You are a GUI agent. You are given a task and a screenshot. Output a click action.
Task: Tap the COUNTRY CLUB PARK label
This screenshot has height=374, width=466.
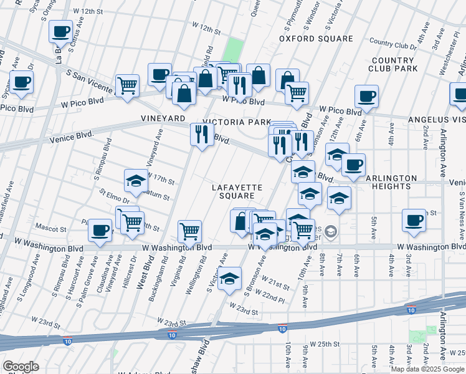pyautogui.click(x=393, y=64)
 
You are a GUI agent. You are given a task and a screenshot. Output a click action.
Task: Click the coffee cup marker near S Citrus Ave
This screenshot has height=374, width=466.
pyautogui.click(x=61, y=31)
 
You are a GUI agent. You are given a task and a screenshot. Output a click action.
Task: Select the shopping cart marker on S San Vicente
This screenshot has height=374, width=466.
pyautogui.click(x=127, y=85)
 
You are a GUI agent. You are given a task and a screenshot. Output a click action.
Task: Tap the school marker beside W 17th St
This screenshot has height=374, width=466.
pyautogui.click(x=136, y=181)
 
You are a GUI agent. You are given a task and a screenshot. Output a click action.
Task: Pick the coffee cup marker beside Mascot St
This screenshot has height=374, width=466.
pyautogui.click(x=100, y=230)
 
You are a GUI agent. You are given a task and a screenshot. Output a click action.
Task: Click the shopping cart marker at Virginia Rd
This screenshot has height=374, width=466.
pyautogui.click(x=190, y=231)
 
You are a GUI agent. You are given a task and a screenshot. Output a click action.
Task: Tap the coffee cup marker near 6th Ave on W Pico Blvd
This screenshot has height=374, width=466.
pyautogui.click(x=366, y=96)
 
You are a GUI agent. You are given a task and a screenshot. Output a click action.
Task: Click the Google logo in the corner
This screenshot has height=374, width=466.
pyautogui.click(x=21, y=367)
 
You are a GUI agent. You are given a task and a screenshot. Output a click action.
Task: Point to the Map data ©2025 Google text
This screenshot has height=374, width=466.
pyautogui.click(x=427, y=369)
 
